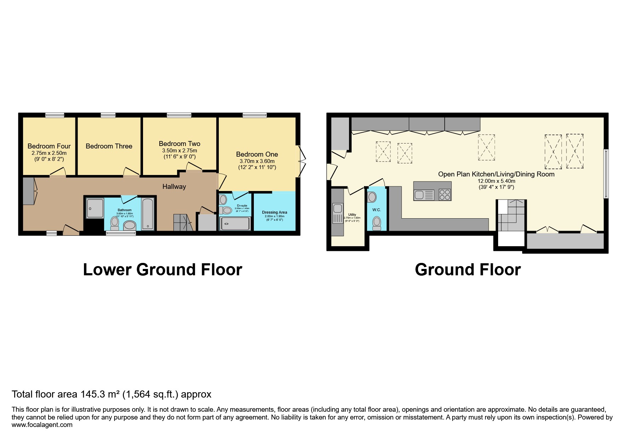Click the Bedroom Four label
[49, 146]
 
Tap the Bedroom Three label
[109, 146]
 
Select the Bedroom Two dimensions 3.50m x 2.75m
[179, 151]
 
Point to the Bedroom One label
[257, 154]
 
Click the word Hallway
[174, 186]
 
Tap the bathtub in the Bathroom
[148, 214]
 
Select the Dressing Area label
[274, 212]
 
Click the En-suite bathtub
[235, 224]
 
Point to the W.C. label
[376, 210]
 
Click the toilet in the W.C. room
[377, 223]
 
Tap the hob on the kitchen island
[445, 195]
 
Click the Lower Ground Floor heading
[162, 270]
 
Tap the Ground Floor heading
[467, 270]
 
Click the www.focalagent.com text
[42, 425]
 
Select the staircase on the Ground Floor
[511, 215]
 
